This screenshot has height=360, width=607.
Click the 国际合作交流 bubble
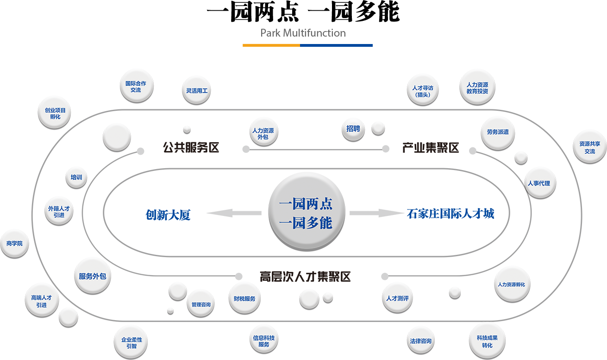click(136, 87)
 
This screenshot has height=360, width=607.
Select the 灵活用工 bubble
click(197, 91)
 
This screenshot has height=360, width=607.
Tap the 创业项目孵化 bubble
click(55, 114)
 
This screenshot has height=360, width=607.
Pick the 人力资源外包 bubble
click(263, 134)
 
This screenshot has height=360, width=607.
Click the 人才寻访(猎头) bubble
click(423, 91)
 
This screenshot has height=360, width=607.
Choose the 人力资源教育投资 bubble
click(477, 88)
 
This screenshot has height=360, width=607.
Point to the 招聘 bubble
click(353, 129)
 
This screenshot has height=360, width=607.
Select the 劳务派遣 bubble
click(498, 132)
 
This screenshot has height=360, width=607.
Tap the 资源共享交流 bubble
click(589, 147)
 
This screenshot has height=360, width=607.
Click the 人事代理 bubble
click(538, 183)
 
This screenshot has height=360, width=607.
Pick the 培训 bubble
click(76, 177)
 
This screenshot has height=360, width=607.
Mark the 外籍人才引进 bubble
click(59, 212)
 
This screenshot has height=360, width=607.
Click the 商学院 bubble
click(14, 243)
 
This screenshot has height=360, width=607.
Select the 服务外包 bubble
click(92, 276)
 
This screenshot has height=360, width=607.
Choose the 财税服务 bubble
click(244, 299)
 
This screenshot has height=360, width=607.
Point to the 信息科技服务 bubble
click(264, 341)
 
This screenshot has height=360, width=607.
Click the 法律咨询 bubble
click(420, 341)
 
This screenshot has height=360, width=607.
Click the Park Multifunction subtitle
click(303, 33)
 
